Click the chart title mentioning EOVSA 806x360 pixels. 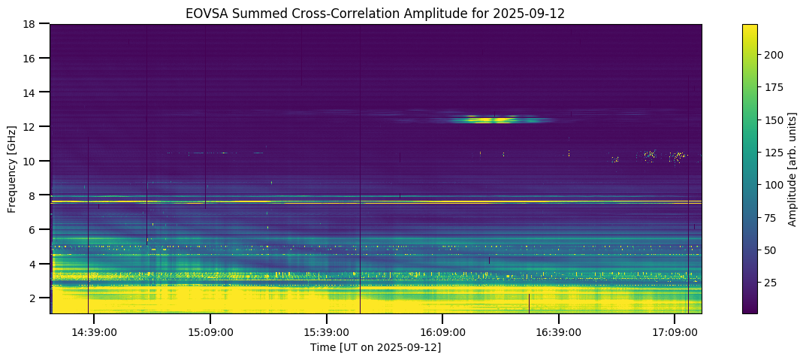[x=376, y=13]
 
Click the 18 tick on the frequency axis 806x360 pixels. [x=32, y=24]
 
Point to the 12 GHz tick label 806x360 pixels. [x=32, y=127]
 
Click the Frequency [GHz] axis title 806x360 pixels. [x=12, y=168]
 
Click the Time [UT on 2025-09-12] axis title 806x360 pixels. [x=376, y=347]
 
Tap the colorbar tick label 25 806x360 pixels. [x=771, y=282]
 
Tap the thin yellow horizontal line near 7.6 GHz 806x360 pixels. [x=376, y=201]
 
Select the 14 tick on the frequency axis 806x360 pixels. [x=32, y=92]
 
